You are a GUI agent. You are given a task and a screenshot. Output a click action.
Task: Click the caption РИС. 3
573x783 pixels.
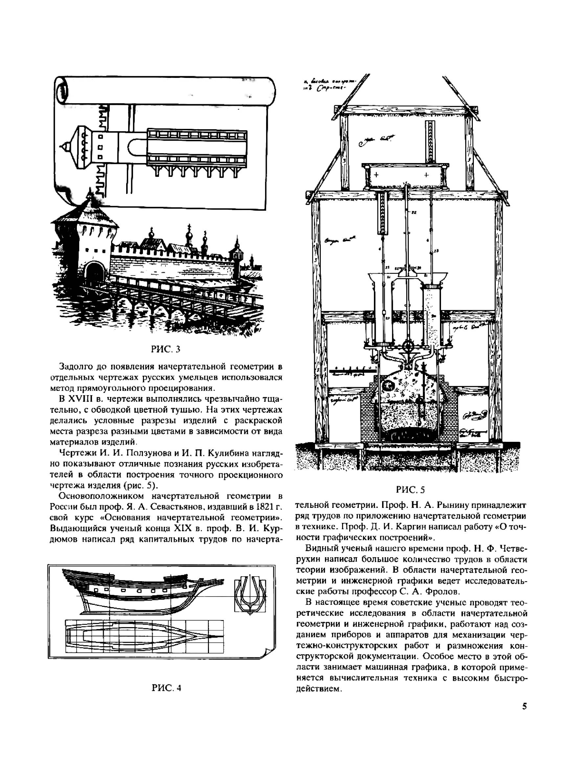(x=166, y=349)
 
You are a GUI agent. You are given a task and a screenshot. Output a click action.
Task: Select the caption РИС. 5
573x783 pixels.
(x=410, y=489)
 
